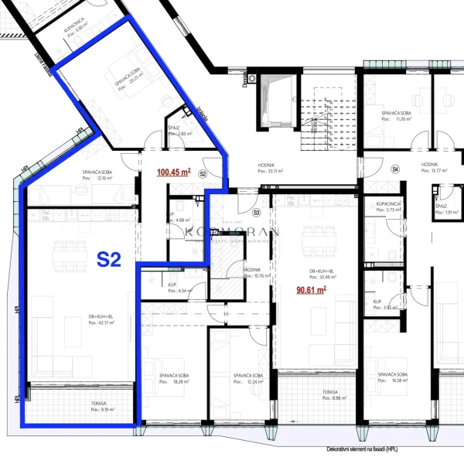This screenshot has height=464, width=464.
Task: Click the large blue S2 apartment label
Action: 109,259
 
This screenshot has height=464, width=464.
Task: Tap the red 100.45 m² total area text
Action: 174,172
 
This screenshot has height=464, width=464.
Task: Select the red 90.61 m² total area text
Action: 311,290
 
